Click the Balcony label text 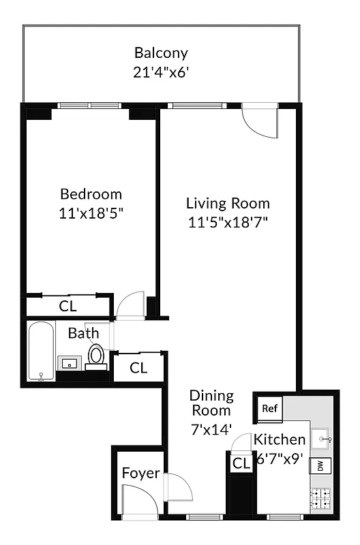161,52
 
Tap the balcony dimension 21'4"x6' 161,71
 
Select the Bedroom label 91,193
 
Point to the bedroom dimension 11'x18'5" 91,212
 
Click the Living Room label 228,203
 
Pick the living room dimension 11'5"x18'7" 228,222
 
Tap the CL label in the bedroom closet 67,306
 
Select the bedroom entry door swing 130,306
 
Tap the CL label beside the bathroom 138,369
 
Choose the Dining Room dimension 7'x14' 211,430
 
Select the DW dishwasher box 318,467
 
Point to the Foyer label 140,473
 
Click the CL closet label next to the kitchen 241,464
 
